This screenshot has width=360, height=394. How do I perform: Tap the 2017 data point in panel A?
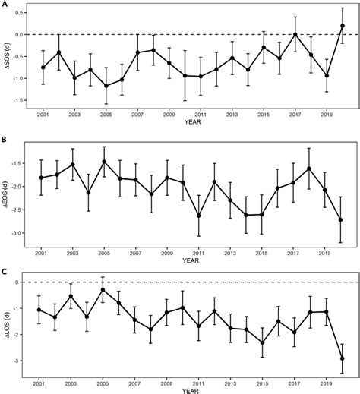pyautogui.click(x=295, y=34)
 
